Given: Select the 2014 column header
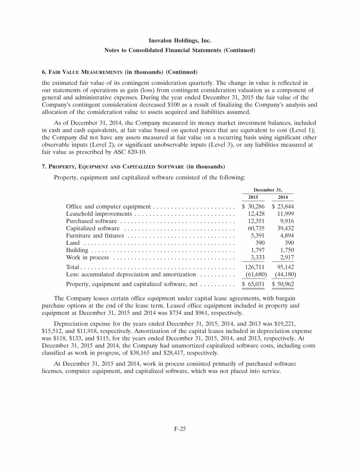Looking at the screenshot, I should pos(283,197).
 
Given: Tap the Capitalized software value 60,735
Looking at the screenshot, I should pos(256,228).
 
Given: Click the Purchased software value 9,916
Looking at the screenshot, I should pos(286,221).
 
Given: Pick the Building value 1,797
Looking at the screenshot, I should pos(258,250).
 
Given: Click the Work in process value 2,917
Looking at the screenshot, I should pos(286,258).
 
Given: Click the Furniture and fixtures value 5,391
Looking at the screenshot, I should pos(258,236).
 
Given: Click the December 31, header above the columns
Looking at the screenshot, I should pos(267,189).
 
